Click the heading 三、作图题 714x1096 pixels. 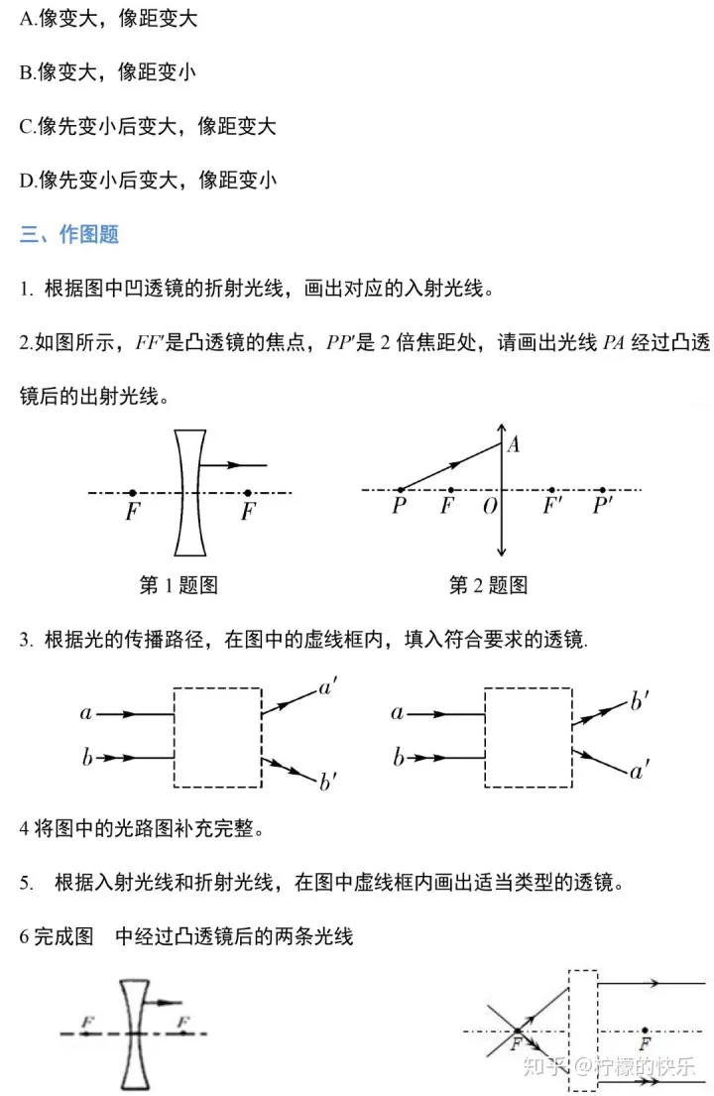pos(69,234)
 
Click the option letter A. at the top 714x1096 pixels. pos(29,19)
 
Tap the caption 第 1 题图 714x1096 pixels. pos(178,585)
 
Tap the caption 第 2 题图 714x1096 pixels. pos(488,585)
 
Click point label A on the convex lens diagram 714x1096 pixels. pos(514,445)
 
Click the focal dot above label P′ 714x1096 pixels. pos(603,490)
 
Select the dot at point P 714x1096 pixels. pos(401,490)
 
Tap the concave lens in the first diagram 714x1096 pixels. pos(189,491)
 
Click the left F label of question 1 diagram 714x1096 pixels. pos(132,512)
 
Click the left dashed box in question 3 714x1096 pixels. pos(217,736)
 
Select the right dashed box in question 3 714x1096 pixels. pos(528,736)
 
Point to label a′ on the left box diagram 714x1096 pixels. pos(327,687)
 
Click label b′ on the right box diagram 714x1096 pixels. pos(640,702)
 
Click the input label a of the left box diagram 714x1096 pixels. pos(86,713)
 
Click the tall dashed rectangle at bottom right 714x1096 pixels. pos(583,1033)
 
